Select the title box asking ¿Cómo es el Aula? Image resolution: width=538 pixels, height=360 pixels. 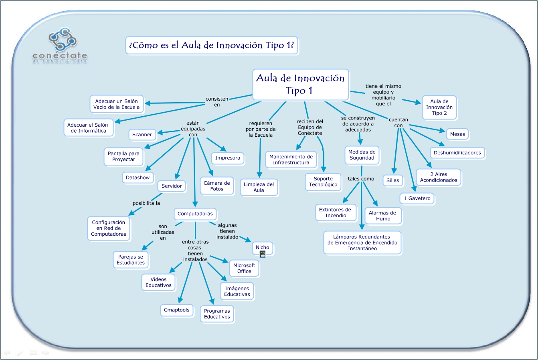click(x=212, y=45)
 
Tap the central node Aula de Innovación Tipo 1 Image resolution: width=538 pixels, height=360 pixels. click(x=300, y=84)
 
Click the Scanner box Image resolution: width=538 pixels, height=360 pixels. click(x=142, y=135)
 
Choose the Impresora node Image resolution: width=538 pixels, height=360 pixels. click(x=227, y=158)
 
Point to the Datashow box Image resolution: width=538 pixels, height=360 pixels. click(x=138, y=178)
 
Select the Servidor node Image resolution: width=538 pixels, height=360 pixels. click(x=172, y=186)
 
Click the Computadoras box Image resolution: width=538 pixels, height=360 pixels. click(x=195, y=214)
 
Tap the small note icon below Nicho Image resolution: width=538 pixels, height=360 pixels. click(x=263, y=254)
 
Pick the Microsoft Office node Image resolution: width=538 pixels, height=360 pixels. click(x=244, y=268)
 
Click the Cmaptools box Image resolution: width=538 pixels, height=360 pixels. click(x=177, y=310)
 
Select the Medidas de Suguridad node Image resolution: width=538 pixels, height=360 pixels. click(x=362, y=155)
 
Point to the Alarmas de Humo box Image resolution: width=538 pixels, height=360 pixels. click(x=382, y=216)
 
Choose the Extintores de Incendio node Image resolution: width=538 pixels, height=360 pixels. click(x=335, y=212)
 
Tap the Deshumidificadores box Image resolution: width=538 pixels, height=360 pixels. click(x=457, y=153)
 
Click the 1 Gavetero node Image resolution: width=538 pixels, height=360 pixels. click(x=417, y=198)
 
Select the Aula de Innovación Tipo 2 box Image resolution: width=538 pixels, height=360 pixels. click(x=439, y=107)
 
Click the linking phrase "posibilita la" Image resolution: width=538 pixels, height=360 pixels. click(x=146, y=203)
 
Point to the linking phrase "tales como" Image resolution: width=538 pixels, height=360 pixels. click(x=361, y=179)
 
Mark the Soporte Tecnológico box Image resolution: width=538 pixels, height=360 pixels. click(x=323, y=182)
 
